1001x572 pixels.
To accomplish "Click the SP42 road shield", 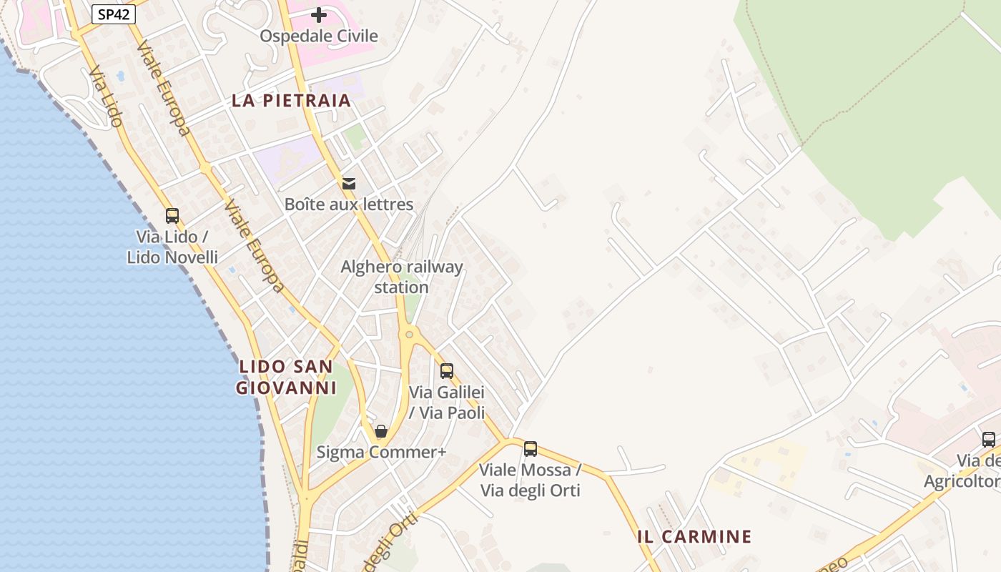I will (114, 14).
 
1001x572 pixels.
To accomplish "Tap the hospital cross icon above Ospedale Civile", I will (319, 14).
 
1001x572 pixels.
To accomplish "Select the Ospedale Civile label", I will (319, 36).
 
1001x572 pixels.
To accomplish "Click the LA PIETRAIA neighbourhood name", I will (291, 101).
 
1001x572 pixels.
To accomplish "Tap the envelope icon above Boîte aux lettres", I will (349, 184).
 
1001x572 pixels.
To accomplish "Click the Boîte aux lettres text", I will (349, 204).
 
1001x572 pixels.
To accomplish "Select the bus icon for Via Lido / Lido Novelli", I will (172, 215).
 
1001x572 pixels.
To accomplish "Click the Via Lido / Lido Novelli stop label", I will (172, 247).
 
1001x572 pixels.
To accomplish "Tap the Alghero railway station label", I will (402, 277).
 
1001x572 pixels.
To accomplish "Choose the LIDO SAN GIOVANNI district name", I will (286, 378).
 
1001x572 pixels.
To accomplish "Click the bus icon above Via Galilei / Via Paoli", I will (447, 370).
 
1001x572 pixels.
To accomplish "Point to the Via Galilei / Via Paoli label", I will (447, 403).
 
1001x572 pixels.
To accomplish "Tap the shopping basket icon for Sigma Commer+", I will (381, 431).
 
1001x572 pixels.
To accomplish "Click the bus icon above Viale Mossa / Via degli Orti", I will (531, 448).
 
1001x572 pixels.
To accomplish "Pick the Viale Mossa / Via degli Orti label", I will (531, 480).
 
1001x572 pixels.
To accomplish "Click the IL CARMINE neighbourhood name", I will (694, 537).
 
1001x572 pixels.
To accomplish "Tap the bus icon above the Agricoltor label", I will (989, 439).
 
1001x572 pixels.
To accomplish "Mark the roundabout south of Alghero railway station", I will (410, 334).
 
